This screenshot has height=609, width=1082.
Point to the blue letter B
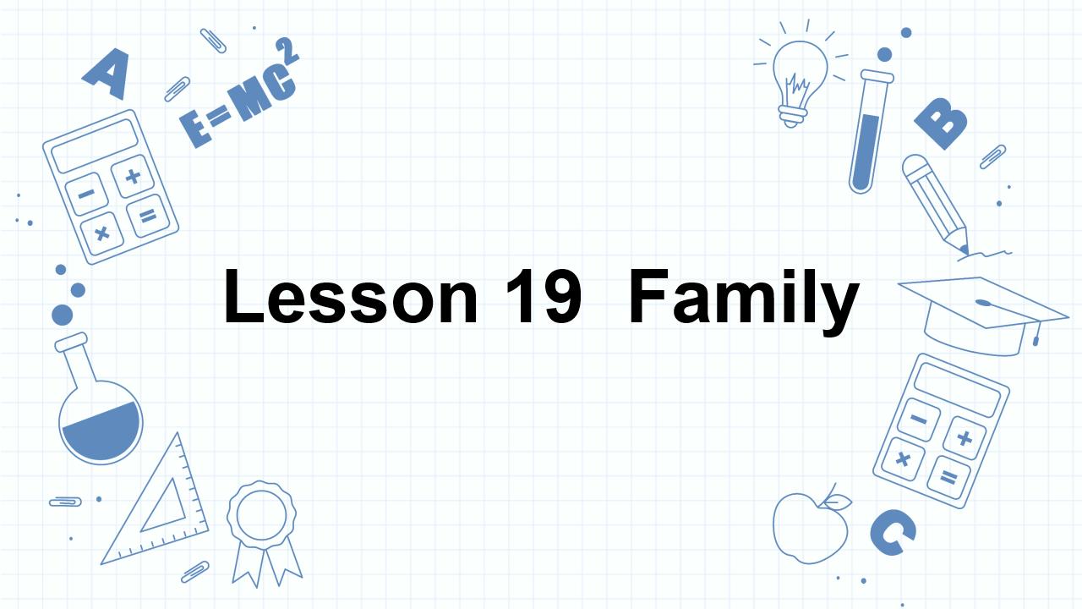point(940,124)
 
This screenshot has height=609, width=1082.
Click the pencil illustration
point(935,203)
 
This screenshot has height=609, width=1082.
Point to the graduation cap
point(981,313)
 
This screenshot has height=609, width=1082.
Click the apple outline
point(810,524)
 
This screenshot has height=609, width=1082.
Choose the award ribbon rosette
point(262,533)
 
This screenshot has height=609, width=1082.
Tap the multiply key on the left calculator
point(102,231)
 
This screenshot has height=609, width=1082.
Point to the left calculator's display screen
point(94,145)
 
